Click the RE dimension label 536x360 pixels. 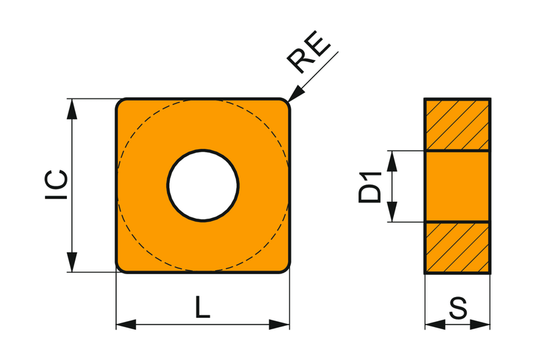click(x=309, y=52)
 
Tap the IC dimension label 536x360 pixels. click(x=56, y=184)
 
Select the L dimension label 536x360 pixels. click(x=202, y=307)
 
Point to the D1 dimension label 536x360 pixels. click(x=370, y=187)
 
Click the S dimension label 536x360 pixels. click(x=458, y=308)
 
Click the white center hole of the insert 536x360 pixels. click(x=203, y=185)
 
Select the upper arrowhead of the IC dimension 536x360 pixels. click(x=72, y=109)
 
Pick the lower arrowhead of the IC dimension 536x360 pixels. click(x=72, y=262)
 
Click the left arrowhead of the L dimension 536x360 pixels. click(x=126, y=324)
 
